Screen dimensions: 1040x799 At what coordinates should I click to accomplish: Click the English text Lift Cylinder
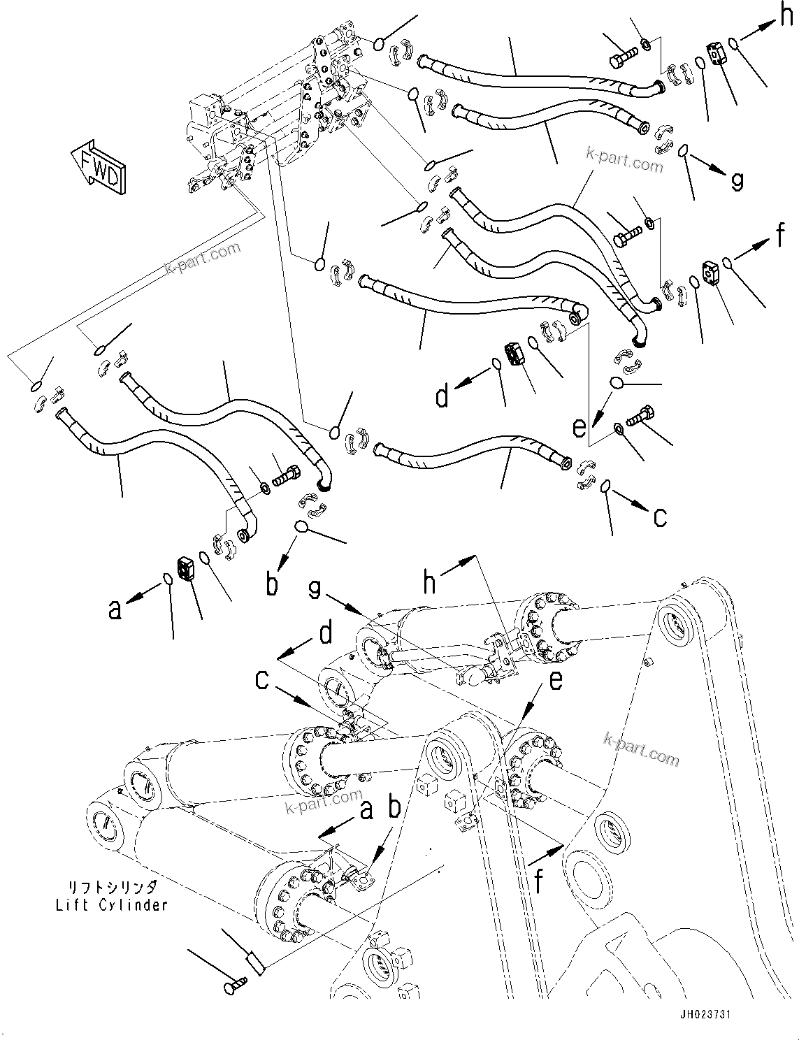pyautogui.click(x=112, y=904)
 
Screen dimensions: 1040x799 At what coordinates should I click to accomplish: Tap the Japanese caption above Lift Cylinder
pyautogui.click(x=112, y=888)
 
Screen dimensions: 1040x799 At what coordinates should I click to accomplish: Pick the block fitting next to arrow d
pyautogui.click(x=515, y=354)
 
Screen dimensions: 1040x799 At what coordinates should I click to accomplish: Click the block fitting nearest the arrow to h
pyautogui.click(x=717, y=55)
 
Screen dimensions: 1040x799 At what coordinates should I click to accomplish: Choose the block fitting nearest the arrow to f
pyautogui.click(x=712, y=273)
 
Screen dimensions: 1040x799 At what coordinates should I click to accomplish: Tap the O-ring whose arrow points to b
pyautogui.click(x=301, y=526)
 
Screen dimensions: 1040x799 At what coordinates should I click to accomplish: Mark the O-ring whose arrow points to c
pyautogui.click(x=605, y=486)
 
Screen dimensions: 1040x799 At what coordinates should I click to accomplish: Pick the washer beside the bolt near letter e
pyautogui.click(x=619, y=428)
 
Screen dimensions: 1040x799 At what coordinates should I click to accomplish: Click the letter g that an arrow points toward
pyautogui.click(x=737, y=180)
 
